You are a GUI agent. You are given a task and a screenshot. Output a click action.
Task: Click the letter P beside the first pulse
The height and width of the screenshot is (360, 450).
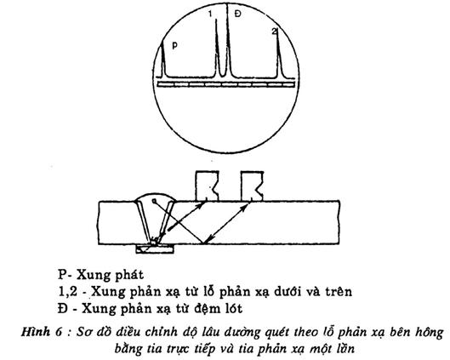point(174,45)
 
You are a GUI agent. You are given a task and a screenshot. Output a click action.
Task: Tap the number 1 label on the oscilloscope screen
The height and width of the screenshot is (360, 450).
point(210,14)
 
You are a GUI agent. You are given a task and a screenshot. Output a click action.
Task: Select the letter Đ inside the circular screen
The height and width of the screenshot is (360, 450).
point(237,14)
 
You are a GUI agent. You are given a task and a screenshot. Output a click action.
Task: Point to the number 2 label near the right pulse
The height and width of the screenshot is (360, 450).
point(275,31)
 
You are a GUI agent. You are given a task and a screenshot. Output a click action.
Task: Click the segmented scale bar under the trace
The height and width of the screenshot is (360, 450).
point(226,84)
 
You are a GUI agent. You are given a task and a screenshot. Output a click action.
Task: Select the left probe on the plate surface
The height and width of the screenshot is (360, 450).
point(207,186)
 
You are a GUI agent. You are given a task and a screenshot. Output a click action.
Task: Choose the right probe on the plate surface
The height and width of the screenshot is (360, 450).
point(252,186)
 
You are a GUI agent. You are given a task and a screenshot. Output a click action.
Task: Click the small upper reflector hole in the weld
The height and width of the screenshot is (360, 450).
point(154,200)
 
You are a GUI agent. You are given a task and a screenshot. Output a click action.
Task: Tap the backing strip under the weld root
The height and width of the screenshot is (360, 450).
point(155,249)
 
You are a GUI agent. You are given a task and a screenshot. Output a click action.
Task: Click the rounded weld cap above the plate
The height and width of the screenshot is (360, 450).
point(155,196)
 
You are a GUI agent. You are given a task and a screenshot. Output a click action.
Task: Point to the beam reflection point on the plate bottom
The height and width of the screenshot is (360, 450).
point(203,244)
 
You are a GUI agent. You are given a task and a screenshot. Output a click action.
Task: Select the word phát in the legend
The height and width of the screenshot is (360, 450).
point(129,276)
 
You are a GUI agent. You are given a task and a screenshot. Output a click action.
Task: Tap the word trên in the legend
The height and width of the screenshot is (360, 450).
point(339,292)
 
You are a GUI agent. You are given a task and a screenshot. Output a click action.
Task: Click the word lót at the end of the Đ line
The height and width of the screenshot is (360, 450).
point(231,309)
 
